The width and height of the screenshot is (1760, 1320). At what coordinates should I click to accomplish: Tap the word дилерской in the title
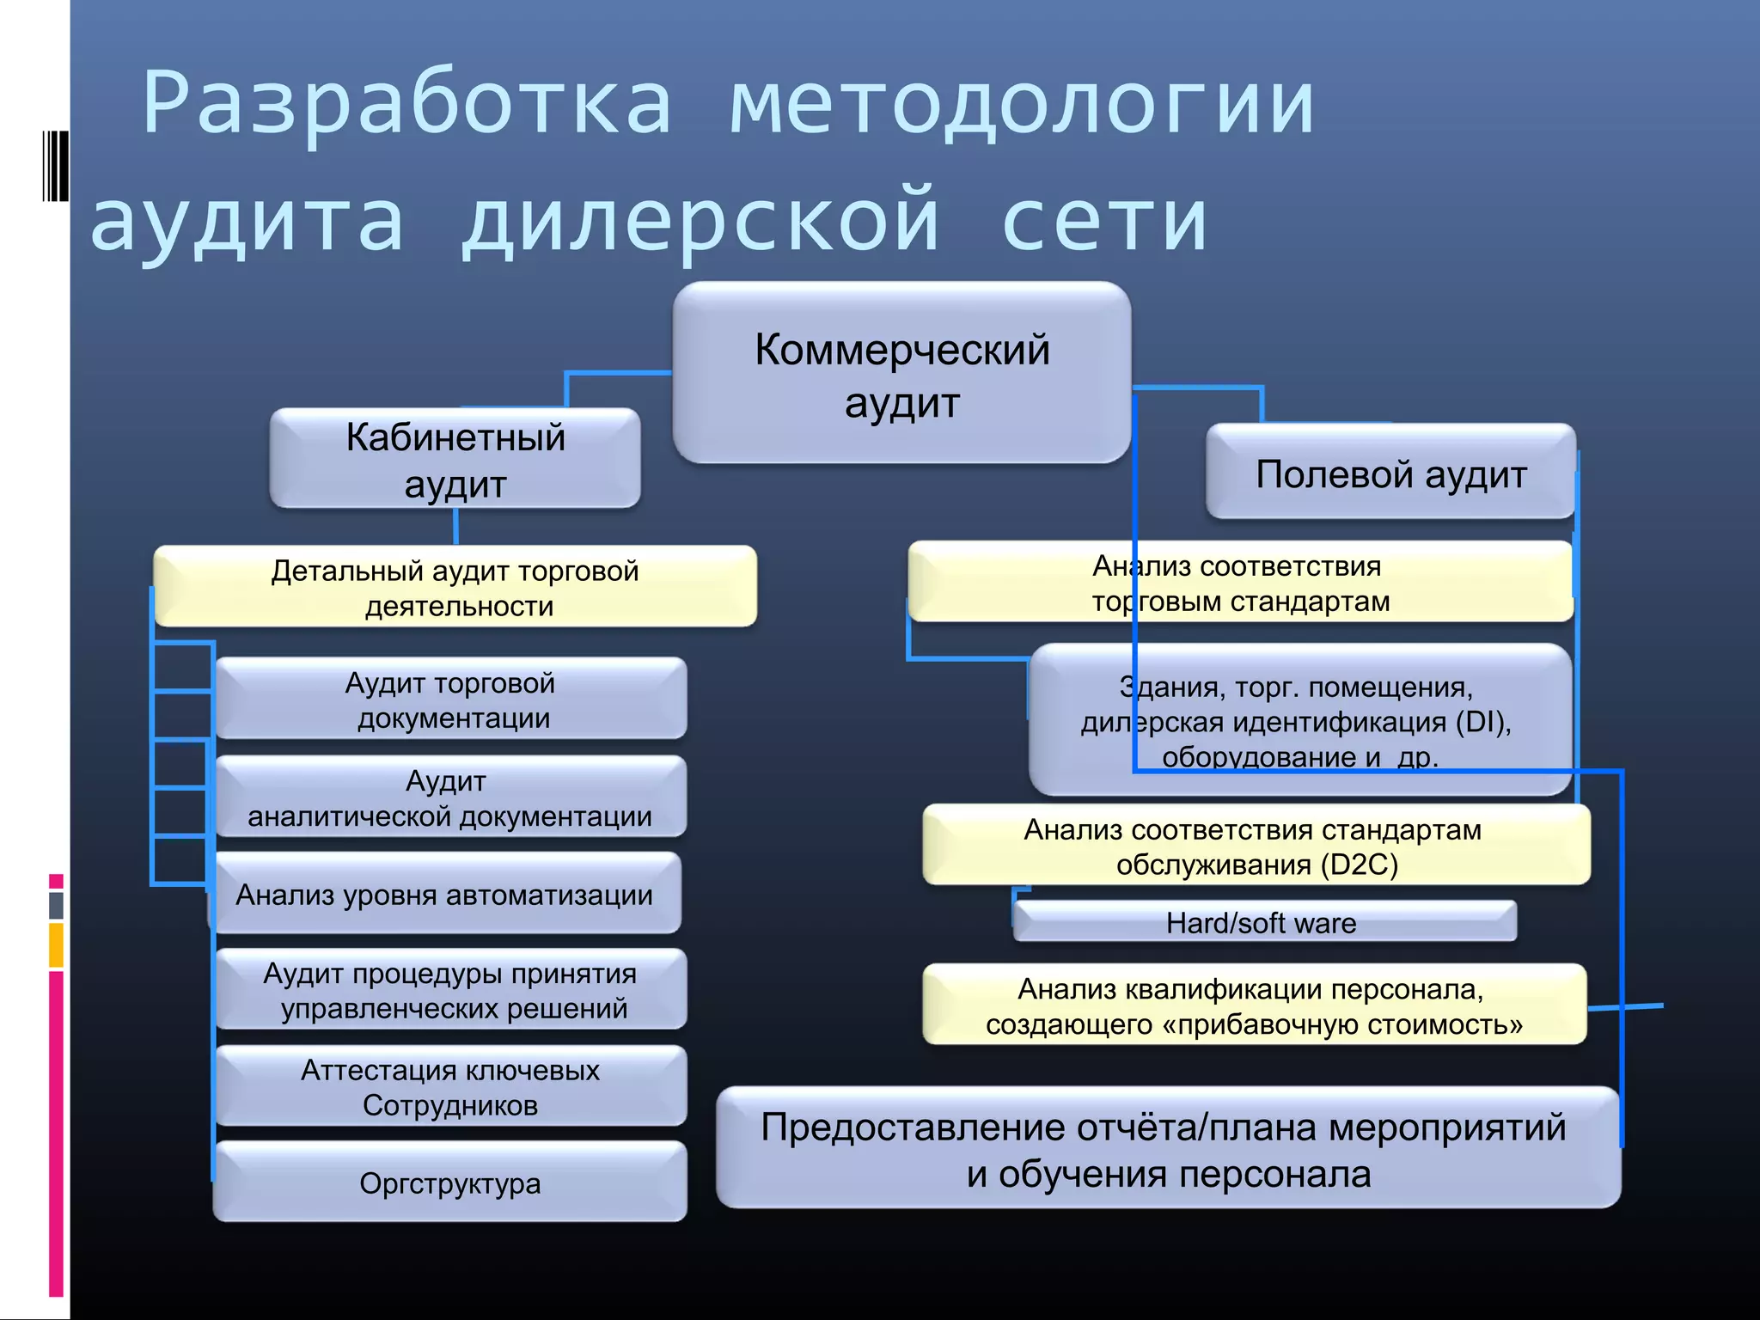pyautogui.click(x=701, y=222)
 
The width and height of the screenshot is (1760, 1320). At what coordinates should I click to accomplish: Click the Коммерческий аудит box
pyautogui.click(x=901, y=374)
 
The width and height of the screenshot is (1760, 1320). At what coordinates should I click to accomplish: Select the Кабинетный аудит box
pyautogui.click(x=455, y=459)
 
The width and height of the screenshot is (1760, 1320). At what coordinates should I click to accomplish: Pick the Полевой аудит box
pyautogui.click(x=1390, y=473)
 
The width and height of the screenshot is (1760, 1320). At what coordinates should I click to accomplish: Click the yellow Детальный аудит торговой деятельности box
pyautogui.click(x=455, y=587)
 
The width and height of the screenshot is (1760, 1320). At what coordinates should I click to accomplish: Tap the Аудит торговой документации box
pyautogui.click(x=450, y=700)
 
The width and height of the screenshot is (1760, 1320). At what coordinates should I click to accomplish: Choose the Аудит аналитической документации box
pyautogui.click(x=450, y=797)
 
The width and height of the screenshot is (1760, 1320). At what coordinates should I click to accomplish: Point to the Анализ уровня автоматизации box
pyautogui.click(x=445, y=895)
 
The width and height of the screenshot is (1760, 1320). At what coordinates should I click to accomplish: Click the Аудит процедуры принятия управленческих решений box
pyautogui.click(x=450, y=990)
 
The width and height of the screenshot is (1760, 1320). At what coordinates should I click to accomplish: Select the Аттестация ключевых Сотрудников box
pyautogui.click(x=450, y=1087)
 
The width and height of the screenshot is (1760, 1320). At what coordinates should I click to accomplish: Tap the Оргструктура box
pyautogui.click(x=450, y=1183)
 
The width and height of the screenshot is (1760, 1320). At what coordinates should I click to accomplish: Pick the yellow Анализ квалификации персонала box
pyautogui.click(x=1254, y=1005)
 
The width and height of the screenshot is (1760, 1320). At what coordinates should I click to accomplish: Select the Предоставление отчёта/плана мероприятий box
pyautogui.click(x=1167, y=1149)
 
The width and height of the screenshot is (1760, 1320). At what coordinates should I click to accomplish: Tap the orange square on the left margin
pyautogui.click(x=56, y=945)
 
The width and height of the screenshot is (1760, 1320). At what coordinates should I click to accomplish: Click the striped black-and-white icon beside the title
pyautogui.click(x=54, y=165)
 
